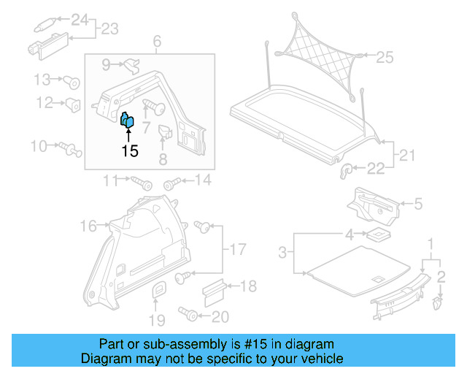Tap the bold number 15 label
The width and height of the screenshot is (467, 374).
point(129,151)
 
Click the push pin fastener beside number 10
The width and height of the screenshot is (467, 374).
point(71,149)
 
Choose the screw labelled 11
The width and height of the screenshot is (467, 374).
point(139,180)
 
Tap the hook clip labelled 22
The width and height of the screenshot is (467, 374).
point(348,170)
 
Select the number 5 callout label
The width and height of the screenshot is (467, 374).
point(417,205)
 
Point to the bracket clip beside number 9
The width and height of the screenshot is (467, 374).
point(131,66)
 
